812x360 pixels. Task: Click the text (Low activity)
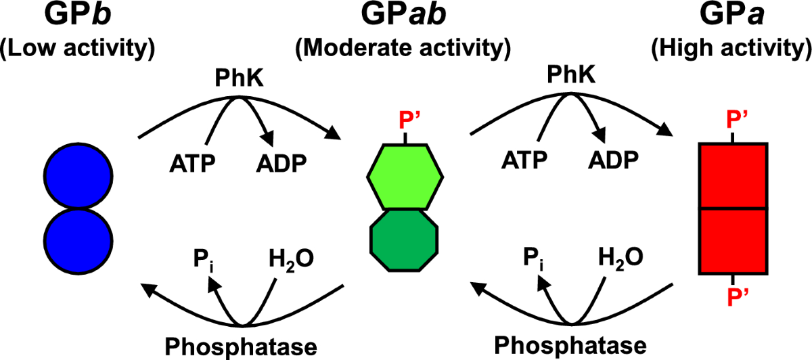click(x=77, y=48)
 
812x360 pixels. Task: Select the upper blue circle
click(x=77, y=177)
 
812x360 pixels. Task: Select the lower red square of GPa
click(x=733, y=241)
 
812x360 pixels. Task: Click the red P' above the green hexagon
click(x=405, y=123)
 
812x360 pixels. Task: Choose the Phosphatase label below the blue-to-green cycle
click(x=241, y=346)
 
